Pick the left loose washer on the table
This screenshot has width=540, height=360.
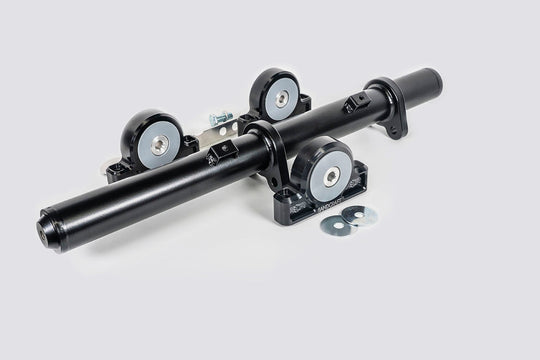334,224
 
